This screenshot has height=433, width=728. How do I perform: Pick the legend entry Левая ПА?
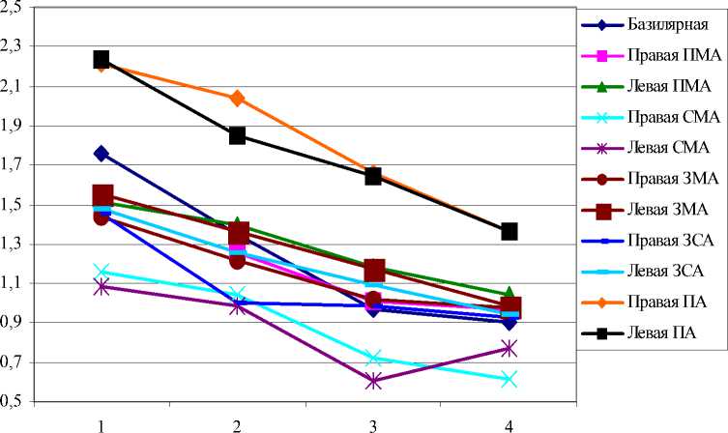(657, 333)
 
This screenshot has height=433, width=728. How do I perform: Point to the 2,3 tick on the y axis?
(16, 46)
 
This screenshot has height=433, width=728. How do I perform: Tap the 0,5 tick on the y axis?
(16, 400)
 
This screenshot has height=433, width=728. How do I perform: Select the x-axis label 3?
(373, 424)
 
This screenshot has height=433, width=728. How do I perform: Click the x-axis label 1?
(101, 424)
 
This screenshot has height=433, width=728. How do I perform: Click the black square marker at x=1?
(102, 60)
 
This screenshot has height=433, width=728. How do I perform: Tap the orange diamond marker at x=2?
(238, 98)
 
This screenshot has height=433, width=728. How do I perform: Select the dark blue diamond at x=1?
(102, 154)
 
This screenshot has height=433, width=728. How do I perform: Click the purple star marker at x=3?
(373, 381)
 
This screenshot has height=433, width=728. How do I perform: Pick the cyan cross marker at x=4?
(509, 379)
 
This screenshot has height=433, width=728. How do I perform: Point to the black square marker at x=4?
(509, 231)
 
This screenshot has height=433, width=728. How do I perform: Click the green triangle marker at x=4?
(509, 293)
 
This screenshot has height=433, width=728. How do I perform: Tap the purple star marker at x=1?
(102, 286)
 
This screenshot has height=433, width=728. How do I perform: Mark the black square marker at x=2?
(238, 135)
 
